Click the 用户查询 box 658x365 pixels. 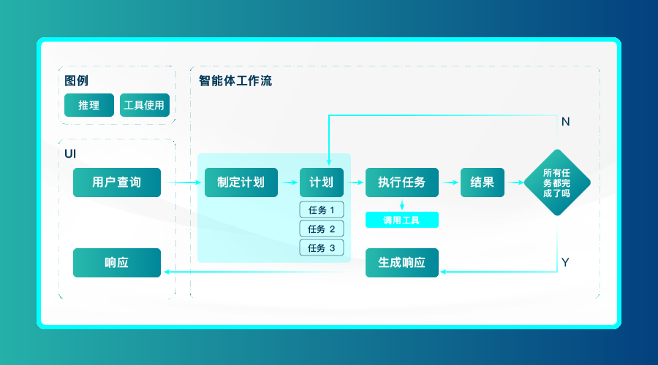coord(117,182)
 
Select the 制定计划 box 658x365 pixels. coord(241,182)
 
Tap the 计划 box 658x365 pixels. coord(322,182)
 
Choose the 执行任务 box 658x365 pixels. coord(402,182)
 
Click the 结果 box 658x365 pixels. coord(483,182)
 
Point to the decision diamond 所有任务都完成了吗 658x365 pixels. coord(557,182)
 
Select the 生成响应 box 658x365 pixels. coord(402,263)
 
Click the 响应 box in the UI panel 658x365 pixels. coord(117,263)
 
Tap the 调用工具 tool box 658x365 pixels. coord(402,220)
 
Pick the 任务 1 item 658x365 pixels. coord(322,210)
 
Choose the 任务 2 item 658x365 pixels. coord(322,229)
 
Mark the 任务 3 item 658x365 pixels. coord(322,248)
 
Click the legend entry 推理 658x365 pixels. coord(89,105)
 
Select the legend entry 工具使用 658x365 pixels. coord(145,105)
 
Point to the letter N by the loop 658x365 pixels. coord(565,122)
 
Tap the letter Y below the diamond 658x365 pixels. coord(565,262)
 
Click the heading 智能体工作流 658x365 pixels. coord(235,81)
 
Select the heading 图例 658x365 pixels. coord(77,81)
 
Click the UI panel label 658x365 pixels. coord(71,153)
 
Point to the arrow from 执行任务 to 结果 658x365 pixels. coord(450,182)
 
